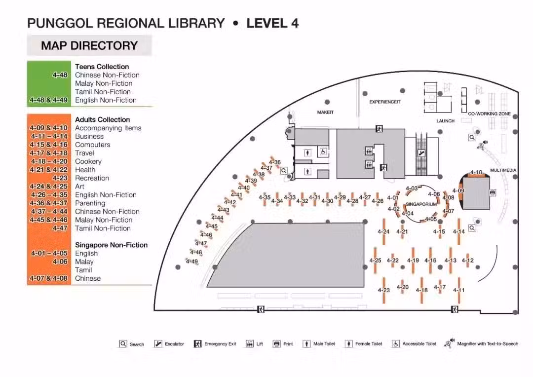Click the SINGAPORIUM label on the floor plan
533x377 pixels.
[x=421, y=204]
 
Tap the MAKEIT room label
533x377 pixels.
[x=325, y=112]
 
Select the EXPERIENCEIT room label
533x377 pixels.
[x=385, y=102]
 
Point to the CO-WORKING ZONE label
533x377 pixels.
[x=489, y=113]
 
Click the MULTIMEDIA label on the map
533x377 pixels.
[x=503, y=170]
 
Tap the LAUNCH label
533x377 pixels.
[x=445, y=121]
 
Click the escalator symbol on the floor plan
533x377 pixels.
[x=421, y=153]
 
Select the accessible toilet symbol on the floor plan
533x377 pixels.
[x=323, y=152]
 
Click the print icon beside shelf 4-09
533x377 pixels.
[x=492, y=193]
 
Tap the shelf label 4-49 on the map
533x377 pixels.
[x=191, y=262]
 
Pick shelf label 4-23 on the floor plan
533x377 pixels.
[x=384, y=290]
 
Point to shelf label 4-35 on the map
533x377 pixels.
[x=265, y=197]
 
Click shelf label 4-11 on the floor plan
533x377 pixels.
[x=458, y=290]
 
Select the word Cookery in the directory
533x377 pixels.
[x=88, y=161]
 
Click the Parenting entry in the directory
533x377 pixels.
[x=90, y=203]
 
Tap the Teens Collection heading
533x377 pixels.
[x=102, y=67]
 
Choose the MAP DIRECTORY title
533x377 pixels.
[x=89, y=45]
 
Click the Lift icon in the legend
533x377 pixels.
[x=250, y=343]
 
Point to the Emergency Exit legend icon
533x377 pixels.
[x=197, y=343]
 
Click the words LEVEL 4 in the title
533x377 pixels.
[x=272, y=23]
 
